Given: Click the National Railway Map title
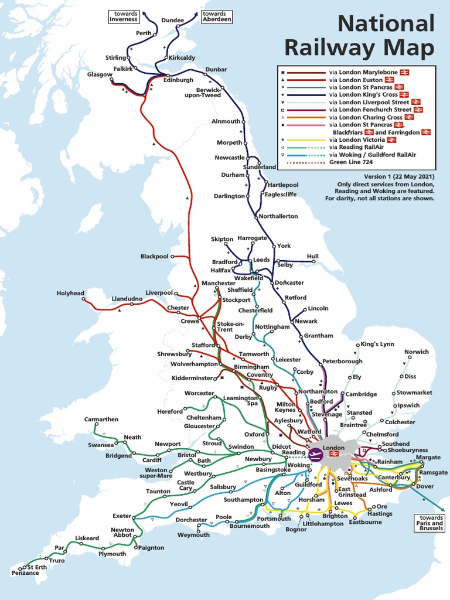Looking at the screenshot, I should coord(386,35).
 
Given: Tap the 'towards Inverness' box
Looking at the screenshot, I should coord(123,16).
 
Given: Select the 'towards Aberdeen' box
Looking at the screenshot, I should coord(216,16).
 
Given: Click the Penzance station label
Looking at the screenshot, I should coord(25,572).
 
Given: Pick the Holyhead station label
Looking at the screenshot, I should coord(70,293).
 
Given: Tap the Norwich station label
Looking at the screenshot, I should coord(417,352).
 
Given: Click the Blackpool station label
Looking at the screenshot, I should coord(154,257).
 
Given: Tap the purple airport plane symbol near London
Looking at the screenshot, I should coord(315,453).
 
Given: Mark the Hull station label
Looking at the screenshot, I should coord(312,256).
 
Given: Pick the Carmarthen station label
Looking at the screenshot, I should coord(101,420).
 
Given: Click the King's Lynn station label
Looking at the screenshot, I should coord(377,343).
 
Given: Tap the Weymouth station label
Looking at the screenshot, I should coord(194,535).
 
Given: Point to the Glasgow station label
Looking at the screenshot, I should coord(99,74).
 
